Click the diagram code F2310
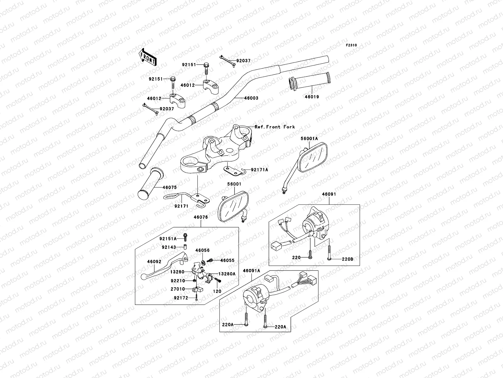[351, 45]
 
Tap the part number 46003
[251, 98]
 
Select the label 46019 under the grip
[312, 97]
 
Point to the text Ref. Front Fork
[275, 127]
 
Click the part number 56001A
[309, 139]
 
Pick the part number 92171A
[259, 170]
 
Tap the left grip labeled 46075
[151, 184]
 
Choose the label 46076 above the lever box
[201, 217]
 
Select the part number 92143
[169, 247]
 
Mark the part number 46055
[228, 261]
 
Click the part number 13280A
[227, 274]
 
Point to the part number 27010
[178, 289]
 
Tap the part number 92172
[181, 298]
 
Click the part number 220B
[348, 259]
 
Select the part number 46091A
[251, 271]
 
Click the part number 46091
[329, 194]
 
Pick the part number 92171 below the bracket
[181, 206]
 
